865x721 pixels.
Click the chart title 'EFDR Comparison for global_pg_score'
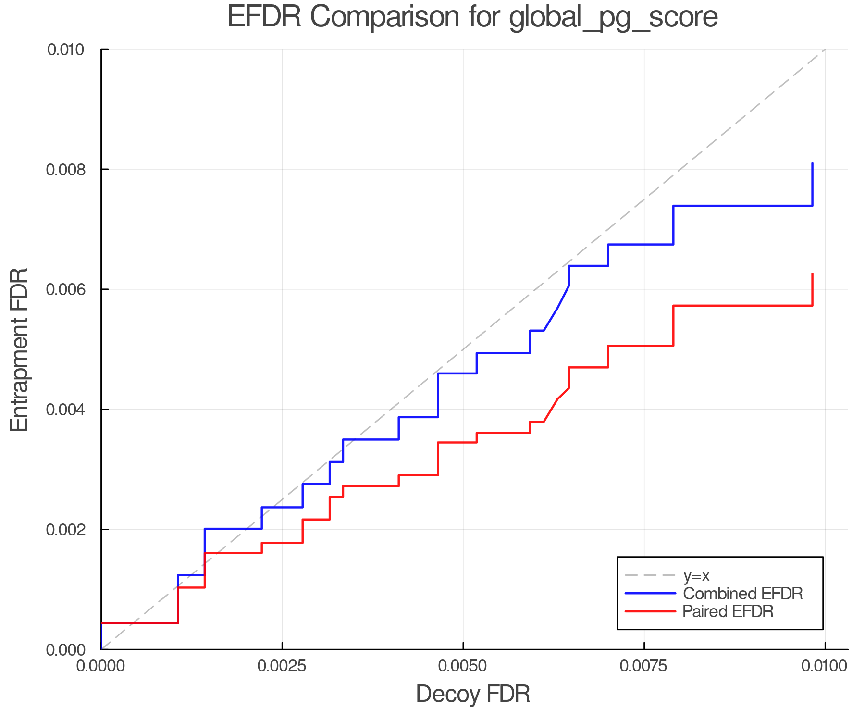(472, 17)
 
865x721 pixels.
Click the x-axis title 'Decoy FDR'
(472, 694)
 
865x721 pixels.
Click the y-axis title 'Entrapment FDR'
(19, 350)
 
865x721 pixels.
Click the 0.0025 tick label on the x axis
(282, 666)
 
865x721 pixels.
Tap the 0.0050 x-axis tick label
(463, 666)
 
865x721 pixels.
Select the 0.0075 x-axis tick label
(644, 666)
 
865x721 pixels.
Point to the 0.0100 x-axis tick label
(825, 666)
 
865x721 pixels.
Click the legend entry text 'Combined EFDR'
(742, 594)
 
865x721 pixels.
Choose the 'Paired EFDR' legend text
(728, 611)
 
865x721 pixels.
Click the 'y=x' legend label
(696, 575)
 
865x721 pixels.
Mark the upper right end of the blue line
(812, 164)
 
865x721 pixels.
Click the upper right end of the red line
(812, 274)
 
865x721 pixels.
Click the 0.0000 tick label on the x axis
(101, 666)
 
